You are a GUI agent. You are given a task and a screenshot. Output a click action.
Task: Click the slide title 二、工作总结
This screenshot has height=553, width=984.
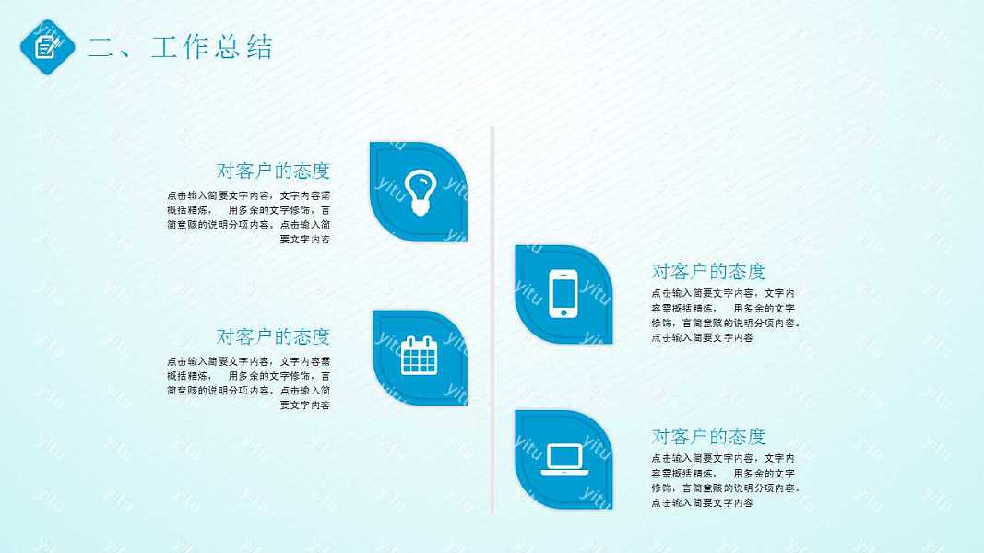pyautogui.click(x=180, y=47)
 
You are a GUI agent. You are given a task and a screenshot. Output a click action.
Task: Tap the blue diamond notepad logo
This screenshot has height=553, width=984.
pyautogui.click(x=47, y=46)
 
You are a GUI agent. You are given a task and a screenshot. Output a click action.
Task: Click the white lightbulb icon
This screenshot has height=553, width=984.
pyautogui.click(x=420, y=192)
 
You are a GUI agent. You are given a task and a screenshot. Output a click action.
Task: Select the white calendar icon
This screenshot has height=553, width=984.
pyautogui.click(x=419, y=356)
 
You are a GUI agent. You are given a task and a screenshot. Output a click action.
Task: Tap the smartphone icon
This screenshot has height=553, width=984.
pyautogui.click(x=563, y=294)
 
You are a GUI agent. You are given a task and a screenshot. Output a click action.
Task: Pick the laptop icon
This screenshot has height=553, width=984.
pyautogui.click(x=564, y=459)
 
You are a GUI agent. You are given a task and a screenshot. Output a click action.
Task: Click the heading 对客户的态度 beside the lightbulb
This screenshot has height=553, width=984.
pyautogui.click(x=273, y=171)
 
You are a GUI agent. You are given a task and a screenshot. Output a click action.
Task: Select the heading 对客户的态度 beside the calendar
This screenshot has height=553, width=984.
pyautogui.click(x=273, y=336)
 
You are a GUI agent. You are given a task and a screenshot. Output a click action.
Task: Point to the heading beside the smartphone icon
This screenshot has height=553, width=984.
pyautogui.click(x=708, y=271)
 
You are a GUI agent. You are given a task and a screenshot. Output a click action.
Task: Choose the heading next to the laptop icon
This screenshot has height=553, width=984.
pyautogui.click(x=708, y=436)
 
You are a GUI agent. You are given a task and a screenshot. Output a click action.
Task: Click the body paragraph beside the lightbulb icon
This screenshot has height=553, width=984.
pyautogui.click(x=249, y=218)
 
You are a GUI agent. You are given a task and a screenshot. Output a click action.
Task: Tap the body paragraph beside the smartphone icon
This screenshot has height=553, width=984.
pyautogui.click(x=725, y=315)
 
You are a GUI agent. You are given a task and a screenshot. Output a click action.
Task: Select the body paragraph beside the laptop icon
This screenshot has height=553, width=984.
pyautogui.click(x=725, y=480)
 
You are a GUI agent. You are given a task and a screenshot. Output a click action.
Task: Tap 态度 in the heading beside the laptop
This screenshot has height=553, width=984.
pyautogui.click(x=747, y=436)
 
